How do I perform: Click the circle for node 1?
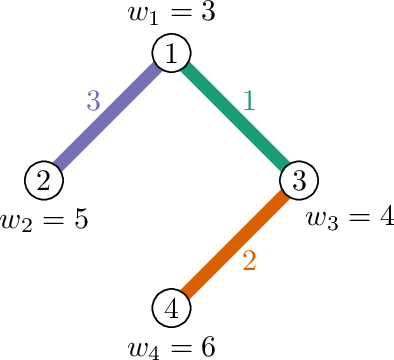click(x=171, y=53)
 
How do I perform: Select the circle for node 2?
click(x=44, y=180)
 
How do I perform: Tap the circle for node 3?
click(x=299, y=180)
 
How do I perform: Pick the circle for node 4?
click(x=171, y=307)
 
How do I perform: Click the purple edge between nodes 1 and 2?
click(x=108, y=116)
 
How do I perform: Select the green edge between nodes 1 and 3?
click(x=235, y=116)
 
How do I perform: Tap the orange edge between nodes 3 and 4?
click(x=235, y=244)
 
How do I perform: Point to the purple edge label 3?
click(x=93, y=100)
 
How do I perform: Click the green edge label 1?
click(x=249, y=100)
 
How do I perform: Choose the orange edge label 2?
click(x=249, y=260)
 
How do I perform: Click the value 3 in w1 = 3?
click(x=208, y=12)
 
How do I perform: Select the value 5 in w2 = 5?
click(x=81, y=219)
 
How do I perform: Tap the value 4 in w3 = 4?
click(x=387, y=216)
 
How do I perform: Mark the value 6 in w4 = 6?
click(x=208, y=347)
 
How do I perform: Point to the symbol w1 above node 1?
click(x=143, y=16)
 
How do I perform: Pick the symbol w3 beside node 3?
click(x=322, y=220)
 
